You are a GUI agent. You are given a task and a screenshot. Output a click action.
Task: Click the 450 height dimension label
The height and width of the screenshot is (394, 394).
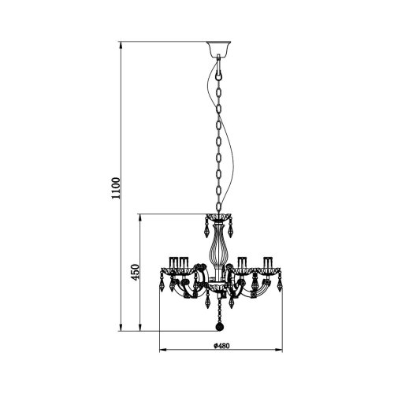[x=135, y=271]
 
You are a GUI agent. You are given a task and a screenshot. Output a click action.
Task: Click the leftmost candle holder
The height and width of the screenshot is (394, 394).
[x=172, y=262]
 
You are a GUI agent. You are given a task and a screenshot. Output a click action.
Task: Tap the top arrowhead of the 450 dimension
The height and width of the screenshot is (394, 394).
[x=141, y=215]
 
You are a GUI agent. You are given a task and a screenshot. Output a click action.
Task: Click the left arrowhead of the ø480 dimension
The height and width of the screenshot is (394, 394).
[x=162, y=347]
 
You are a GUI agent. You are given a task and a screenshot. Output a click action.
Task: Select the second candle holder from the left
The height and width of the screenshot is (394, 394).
[x=183, y=262]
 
